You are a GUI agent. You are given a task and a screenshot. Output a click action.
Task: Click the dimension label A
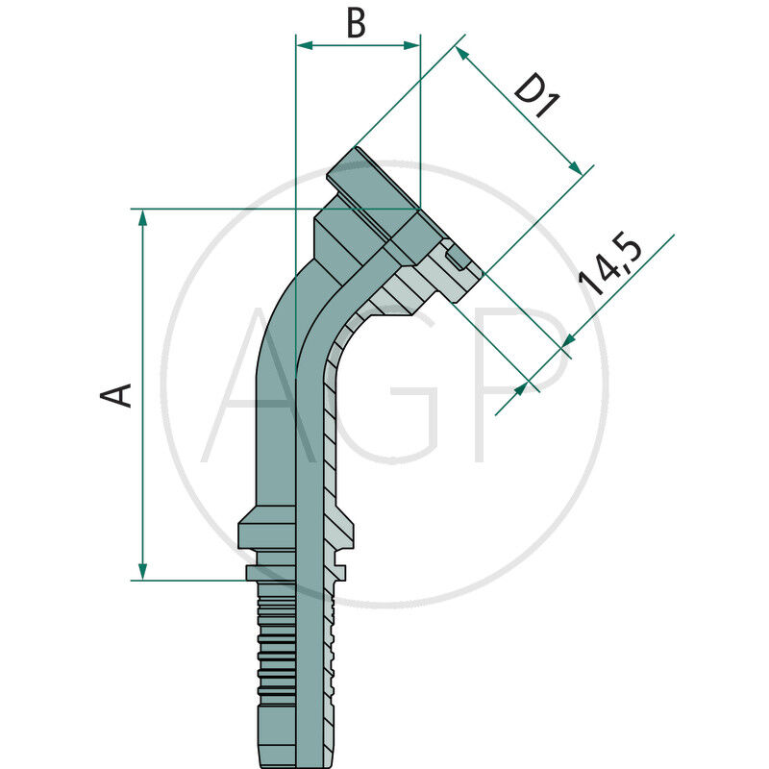(x=118, y=394)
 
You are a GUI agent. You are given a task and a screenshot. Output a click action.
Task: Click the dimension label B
(x=356, y=23)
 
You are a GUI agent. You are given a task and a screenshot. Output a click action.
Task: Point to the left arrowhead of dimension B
(x=303, y=44)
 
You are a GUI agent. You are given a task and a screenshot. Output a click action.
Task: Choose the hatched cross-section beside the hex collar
(x=338, y=529)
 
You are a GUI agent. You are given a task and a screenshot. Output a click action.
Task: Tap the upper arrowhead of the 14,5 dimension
(x=567, y=340)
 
